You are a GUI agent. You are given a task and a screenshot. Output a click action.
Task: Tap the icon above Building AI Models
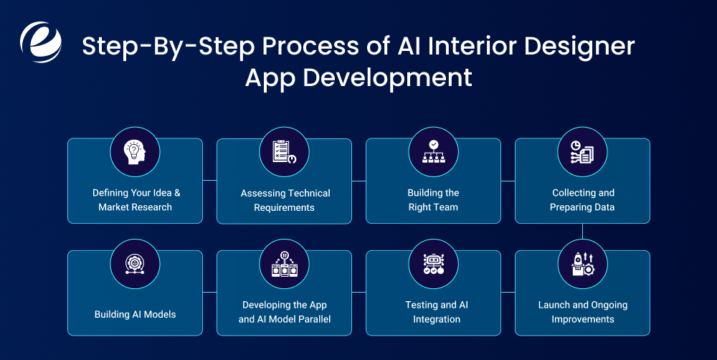135,264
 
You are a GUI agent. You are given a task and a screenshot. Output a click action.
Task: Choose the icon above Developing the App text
284,264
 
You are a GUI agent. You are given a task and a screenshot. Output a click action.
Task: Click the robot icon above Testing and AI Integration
433,264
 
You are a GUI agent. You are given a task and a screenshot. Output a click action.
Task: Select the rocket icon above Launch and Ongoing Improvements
582,264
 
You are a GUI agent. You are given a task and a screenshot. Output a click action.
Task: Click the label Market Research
135,207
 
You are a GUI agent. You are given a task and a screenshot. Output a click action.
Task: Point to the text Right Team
433,207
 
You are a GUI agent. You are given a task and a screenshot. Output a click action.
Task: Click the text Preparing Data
582,207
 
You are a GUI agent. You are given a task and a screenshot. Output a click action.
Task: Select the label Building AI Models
135,314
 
